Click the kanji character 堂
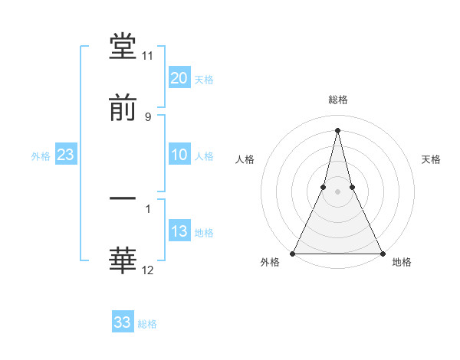pyautogui.click(x=123, y=47)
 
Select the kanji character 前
pyautogui.click(x=123, y=109)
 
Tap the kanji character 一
pyautogui.click(x=123, y=200)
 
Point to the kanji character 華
pyautogui.click(x=123, y=261)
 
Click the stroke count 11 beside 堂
pyautogui.click(x=148, y=56)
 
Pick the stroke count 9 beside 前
pyautogui.click(x=148, y=116)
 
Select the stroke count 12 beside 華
pyautogui.click(x=148, y=270)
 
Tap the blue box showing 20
pyautogui.click(x=179, y=78)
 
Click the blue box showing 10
pyautogui.click(x=179, y=155)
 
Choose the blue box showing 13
pyautogui.click(x=179, y=232)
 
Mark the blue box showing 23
pyautogui.click(x=66, y=155)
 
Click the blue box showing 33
pyautogui.click(x=123, y=322)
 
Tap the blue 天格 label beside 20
pyautogui.click(x=204, y=80)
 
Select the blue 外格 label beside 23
pyautogui.click(x=41, y=156)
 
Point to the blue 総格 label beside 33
pyautogui.click(x=147, y=324)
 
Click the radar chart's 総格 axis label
pyautogui.click(x=337, y=100)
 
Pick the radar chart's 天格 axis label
pyautogui.click(x=432, y=159)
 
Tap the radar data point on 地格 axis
pyautogui.click(x=382, y=254)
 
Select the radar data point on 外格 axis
pyautogui.click(x=293, y=254)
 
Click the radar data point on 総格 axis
pyautogui.click(x=337, y=129)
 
